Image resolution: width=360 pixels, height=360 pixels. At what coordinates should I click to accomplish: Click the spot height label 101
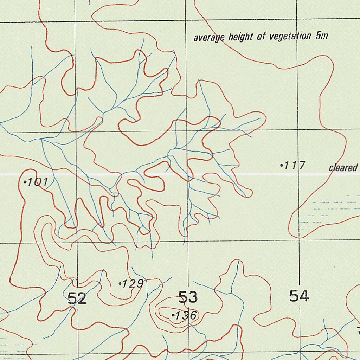coord(37,182)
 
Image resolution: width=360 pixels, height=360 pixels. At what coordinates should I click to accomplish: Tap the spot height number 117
coord(295,165)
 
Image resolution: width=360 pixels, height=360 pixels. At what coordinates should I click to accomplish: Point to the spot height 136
coord(186,316)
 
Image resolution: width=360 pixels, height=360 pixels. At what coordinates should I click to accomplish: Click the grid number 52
coord(77,299)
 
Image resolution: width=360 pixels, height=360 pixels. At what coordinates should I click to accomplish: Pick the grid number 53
coord(188,297)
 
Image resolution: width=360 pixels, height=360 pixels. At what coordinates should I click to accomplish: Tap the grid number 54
coord(299,296)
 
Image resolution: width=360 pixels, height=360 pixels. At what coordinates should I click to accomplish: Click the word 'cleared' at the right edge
coord(343,168)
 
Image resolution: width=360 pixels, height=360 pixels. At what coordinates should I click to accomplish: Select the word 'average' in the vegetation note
coord(209,38)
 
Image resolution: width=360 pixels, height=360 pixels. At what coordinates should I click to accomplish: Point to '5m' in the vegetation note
coord(322,36)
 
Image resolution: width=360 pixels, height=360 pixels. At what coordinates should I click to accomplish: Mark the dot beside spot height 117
coord(282,165)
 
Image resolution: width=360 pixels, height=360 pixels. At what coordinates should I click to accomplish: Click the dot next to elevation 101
coord(25,182)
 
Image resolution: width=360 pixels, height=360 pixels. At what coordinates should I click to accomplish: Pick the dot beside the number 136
coord(173,316)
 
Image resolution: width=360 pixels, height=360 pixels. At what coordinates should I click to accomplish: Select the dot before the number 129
coord(120,283)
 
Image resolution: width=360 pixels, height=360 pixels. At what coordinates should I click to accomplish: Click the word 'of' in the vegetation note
coord(261,37)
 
